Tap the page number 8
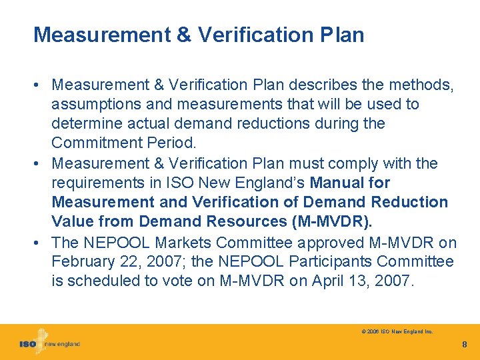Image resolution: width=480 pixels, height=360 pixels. point(464,345)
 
